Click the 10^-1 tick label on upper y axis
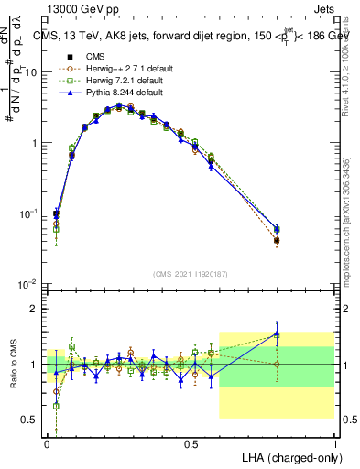click(30, 213)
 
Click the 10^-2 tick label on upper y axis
click(30, 284)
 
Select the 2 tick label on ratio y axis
click(38, 309)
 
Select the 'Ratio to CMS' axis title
click(12, 365)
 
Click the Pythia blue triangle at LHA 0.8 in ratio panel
click(277, 334)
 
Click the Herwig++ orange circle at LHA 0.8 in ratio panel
click(277, 364)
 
